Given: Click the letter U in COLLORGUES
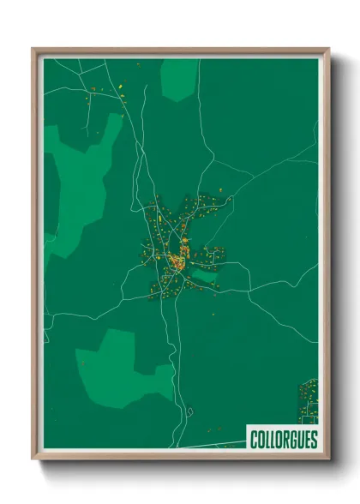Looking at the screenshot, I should (x=297, y=440).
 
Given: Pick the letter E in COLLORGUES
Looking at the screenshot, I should (x=304, y=440).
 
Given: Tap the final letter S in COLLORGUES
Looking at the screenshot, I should (x=312, y=440).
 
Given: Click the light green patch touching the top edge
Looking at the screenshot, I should (x=178, y=77).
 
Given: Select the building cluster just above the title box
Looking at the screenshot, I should (x=308, y=399).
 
